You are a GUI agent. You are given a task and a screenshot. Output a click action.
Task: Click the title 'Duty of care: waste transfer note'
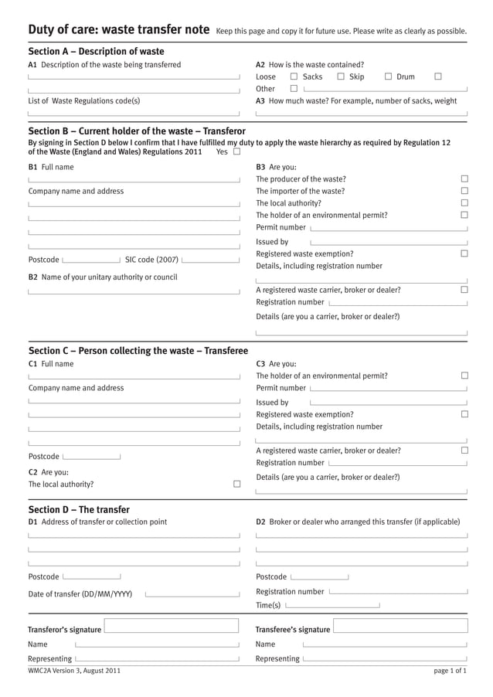coord(118,30)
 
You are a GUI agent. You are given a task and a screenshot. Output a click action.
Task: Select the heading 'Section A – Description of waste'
coord(96,51)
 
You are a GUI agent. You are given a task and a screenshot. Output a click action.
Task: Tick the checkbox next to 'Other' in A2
coord(294,89)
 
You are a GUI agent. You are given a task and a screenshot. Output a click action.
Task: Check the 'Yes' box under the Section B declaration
coord(236,152)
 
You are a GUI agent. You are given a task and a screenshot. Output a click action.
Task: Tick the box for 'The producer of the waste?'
coord(464,179)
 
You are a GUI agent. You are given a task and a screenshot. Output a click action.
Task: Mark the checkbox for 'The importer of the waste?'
coord(464,191)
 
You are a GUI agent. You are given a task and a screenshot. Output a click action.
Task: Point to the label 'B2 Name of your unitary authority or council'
coord(103,277)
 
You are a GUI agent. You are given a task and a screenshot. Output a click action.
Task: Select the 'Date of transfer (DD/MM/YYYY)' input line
coord(192,595)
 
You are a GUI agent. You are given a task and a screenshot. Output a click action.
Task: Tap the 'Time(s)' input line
coord(332,606)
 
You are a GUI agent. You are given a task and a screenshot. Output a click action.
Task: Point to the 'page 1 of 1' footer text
coord(450,671)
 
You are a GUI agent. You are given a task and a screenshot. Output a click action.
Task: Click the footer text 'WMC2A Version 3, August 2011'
coord(74,671)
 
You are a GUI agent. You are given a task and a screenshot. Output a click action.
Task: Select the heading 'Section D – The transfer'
coord(79,509)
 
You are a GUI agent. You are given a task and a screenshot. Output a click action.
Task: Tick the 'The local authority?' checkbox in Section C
coord(236,484)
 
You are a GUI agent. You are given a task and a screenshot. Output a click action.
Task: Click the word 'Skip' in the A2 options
coord(356,77)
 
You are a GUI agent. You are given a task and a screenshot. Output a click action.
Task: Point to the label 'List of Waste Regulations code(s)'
coord(84,101)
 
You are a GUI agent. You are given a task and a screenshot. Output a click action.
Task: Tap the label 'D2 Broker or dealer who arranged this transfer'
coord(357,522)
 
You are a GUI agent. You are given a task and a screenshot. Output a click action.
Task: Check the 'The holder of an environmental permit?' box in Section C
coord(464,376)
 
